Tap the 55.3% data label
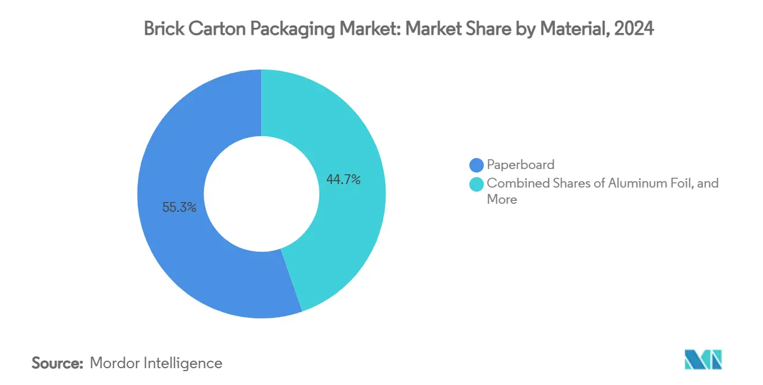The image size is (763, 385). pos(179,207)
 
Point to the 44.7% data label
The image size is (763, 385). pos(343,180)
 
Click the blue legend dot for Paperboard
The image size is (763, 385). pos(477,165)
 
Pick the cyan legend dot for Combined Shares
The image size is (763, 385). pos(477,184)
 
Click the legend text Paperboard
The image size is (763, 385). pos(520,165)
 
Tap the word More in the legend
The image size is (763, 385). pos(502,200)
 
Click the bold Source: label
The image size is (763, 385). pos(58,363)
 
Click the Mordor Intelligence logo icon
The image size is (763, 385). pos(703,360)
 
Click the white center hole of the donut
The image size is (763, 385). pos(261,194)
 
